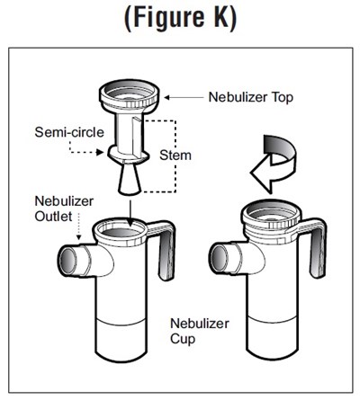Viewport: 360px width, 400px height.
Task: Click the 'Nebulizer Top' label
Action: tap(251, 97)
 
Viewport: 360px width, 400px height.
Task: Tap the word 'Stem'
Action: tap(175, 156)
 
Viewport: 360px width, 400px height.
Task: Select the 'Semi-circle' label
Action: tap(69, 132)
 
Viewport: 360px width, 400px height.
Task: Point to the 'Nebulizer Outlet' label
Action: tap(64, 209)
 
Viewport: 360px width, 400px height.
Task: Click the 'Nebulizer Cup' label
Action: tap(200, 331)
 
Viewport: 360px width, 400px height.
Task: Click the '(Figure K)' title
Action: tap(180, 17)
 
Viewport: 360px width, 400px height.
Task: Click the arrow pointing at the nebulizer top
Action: tap(184, 97)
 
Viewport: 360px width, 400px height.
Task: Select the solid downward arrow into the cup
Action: tap(130, 213)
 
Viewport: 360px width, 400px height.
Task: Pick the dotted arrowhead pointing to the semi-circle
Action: tap(99, 152)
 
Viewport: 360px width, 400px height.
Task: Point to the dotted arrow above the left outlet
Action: tap(78, 227)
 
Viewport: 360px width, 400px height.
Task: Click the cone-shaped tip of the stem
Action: tap(130, 180)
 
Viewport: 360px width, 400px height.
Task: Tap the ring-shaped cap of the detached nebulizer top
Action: tap(129, 95)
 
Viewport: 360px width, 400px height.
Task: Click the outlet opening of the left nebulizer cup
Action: tap(68, 260)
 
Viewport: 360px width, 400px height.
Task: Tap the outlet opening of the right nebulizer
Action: tap(220, 259)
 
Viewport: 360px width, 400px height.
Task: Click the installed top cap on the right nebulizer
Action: tap(273, 218)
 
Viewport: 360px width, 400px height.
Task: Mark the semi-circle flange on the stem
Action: tap(129, 154)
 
